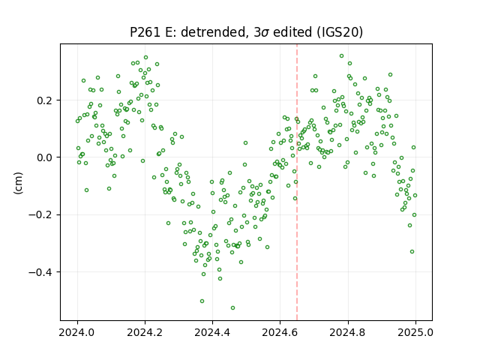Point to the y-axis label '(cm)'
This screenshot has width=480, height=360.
18,183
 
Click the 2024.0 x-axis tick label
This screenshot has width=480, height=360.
78,331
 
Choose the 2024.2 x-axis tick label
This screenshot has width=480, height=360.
145,331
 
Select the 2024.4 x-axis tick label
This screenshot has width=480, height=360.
212,331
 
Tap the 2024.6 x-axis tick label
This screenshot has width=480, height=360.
280,331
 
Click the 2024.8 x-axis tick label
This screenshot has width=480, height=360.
348,331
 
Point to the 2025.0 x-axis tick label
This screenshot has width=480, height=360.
415,331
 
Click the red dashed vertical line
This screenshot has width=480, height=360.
297,182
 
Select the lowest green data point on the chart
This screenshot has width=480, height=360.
233,307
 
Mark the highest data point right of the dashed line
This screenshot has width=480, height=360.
342,55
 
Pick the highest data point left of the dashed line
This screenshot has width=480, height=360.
146,57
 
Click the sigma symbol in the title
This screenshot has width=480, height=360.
265,33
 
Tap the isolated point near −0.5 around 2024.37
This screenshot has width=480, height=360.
202,301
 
